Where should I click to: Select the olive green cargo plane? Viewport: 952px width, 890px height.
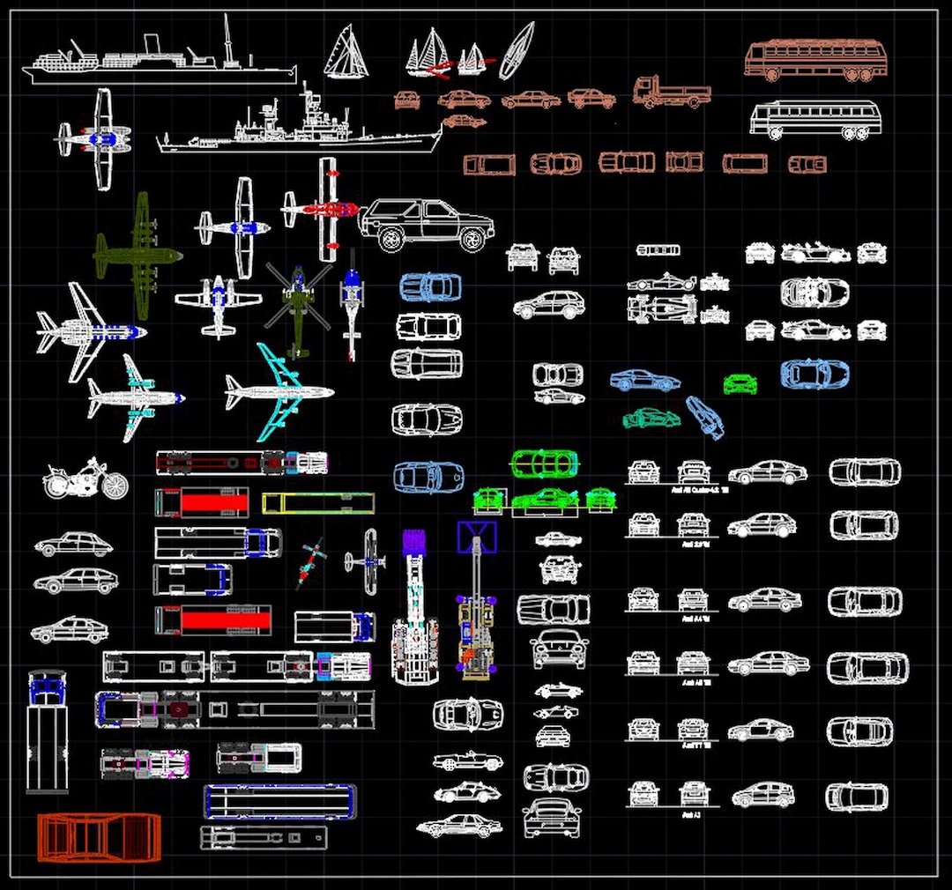click(137, 255)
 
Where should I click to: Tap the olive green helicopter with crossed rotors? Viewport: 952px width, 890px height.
click(298, 308)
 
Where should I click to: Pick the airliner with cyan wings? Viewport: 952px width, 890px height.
click(279, 392)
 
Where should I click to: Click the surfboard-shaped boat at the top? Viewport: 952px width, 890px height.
click(517, 50)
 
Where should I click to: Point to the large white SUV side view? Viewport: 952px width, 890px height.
click(427, 224)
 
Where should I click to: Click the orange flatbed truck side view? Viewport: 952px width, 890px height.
click(671, 93)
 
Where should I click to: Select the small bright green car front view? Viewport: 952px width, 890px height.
click(740, 384)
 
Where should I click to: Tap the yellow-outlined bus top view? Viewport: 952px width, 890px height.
click(318, 503)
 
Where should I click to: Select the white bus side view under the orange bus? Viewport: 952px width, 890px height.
click(815, 120)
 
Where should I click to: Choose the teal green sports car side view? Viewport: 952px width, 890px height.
click(651, 418)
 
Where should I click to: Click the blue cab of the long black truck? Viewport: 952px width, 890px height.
click(46, 687)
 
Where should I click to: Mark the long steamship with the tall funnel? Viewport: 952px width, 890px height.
click(163, 62)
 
